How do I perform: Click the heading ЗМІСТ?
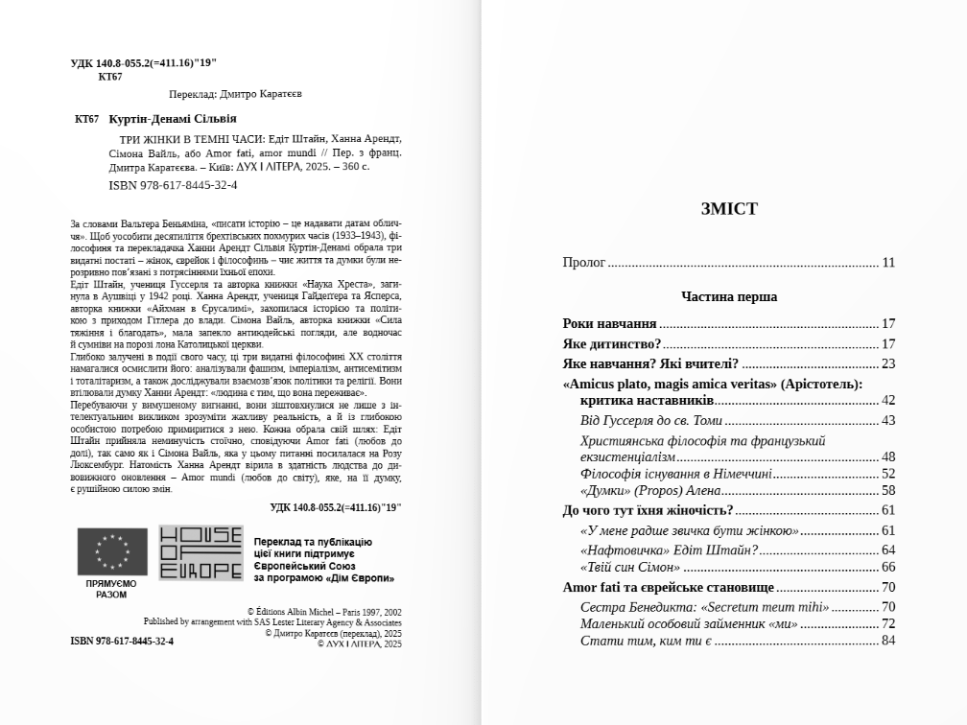[729, 209]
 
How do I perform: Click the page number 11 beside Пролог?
[888, 263]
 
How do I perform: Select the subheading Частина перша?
[729, 297]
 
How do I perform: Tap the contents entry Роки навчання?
[610, 324]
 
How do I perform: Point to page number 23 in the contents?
[888, 364]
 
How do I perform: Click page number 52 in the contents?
[888, 474]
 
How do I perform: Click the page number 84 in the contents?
[888, 641]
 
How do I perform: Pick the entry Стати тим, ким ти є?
[645, 641]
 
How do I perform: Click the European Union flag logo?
[112, 552]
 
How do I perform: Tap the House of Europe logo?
[200, 552]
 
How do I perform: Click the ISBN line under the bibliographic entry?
[174, 185]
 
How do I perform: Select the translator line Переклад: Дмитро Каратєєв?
[235, 95]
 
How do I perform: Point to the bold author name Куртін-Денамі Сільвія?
[173, 119]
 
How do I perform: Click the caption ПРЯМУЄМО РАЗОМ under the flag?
[111, 589]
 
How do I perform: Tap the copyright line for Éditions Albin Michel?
[324, 612]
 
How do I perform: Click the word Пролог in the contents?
[584, 263]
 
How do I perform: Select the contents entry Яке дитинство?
[612, 344]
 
